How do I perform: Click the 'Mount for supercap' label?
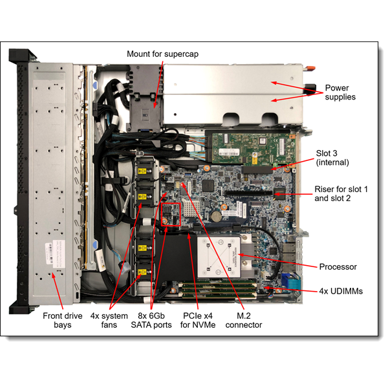click(x=163, y=54)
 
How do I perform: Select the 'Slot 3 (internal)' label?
click(x=332, y=158)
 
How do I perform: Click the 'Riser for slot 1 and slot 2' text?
click(x=341, y=194)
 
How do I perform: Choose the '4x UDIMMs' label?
click(x=341, y=292)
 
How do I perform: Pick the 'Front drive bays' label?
click(x=61, y=320)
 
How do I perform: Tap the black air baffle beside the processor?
click(x=175, y=259)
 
